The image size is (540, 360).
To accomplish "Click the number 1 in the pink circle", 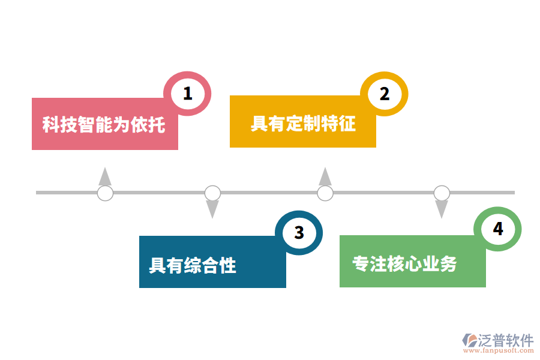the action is coord(188,94).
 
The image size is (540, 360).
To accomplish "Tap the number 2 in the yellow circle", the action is coord(385,94).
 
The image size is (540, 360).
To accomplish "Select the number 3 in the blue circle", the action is coord(299,233).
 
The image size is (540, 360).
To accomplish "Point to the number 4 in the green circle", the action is coord(497,229).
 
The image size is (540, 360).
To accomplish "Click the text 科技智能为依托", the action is coord(104,124).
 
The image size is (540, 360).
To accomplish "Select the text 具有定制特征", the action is coord(303,124).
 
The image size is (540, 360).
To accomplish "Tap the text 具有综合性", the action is coord(193,265).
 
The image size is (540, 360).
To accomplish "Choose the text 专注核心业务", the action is coord(404,264).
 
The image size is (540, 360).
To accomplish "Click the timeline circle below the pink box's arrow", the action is coord(105,193).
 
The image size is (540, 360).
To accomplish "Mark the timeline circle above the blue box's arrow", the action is coord(212,193).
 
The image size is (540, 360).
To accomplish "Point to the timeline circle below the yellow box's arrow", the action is coord(325,193).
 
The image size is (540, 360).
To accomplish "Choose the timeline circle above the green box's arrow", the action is coord(442,193).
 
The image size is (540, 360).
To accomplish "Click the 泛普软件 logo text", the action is coord(506,340).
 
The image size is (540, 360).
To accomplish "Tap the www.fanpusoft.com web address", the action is coord(499,350).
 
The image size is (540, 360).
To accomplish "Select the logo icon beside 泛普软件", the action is coord(469,340).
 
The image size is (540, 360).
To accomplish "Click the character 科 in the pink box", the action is coord(50,124).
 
